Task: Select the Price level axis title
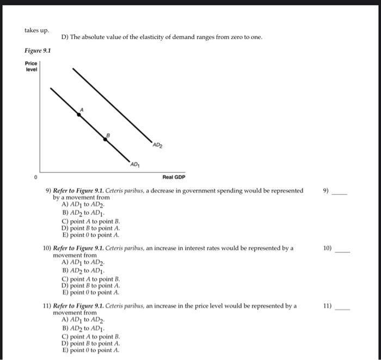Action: pos(32,67)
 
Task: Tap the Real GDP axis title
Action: pos(174,177)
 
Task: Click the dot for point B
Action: pos(106,139)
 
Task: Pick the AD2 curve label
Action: pos(157,145)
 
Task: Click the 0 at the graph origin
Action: pos(36,177)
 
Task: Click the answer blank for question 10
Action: pos(342,251)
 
